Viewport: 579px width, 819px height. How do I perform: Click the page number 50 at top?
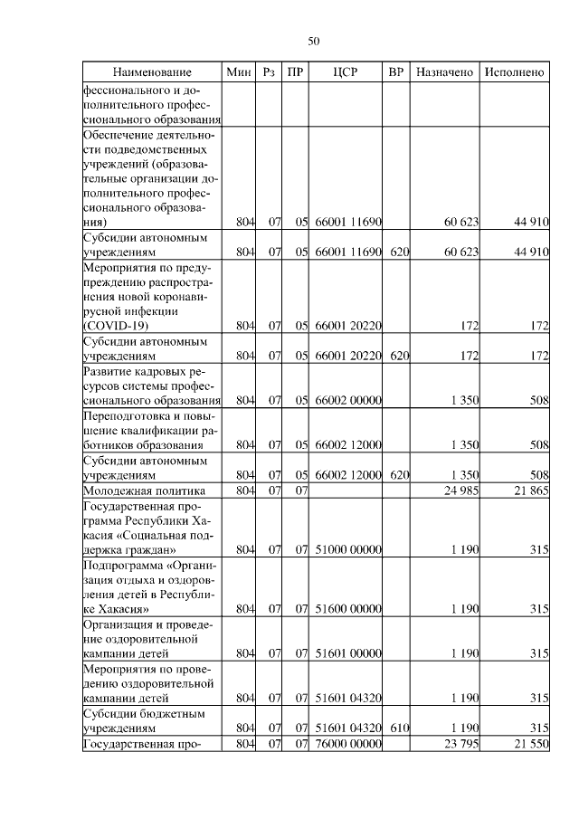coord(314,41)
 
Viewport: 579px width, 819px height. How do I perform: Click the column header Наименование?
coord(152,71)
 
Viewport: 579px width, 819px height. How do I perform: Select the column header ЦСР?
coord(347,71)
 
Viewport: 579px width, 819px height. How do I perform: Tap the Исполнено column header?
coord(514,71)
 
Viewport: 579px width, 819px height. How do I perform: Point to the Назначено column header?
coord(443,71)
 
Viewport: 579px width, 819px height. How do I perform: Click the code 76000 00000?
coord(347,744)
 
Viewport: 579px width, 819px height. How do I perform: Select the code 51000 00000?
coord(347,549)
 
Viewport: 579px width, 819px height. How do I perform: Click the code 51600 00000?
coord(347,609)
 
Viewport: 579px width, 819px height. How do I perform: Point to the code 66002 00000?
coord(347,400)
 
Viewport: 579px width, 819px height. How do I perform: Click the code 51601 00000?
coord(347,651)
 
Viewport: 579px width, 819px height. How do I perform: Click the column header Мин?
coord(239,71)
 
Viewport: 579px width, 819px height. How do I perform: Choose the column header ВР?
coord(395,71)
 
